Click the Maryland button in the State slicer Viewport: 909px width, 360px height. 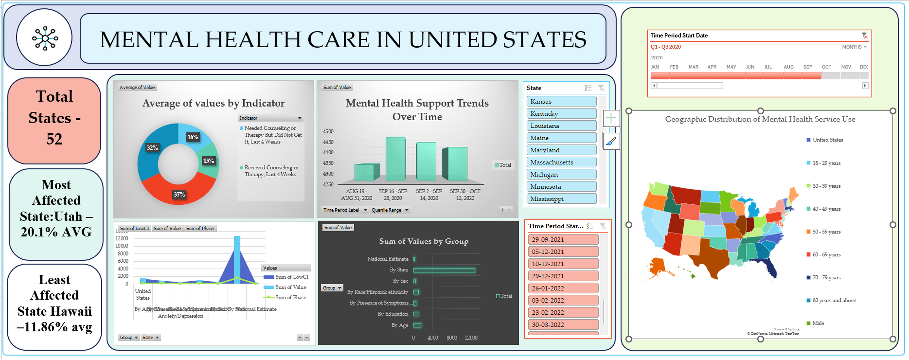tap(561, 150)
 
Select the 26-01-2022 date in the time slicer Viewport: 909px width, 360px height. tap(563, 288)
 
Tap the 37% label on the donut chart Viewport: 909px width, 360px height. tap(179, 194)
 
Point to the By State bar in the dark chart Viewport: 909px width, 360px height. tap(444, 270)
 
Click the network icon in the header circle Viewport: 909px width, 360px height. tap(45, 38)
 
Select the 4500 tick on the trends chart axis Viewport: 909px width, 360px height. tap(328, 131)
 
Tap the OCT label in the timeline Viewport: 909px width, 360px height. tap(826, 67)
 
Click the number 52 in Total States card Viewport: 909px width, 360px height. tap(54, 139)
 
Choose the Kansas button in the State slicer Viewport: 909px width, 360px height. tap(561, 101)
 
